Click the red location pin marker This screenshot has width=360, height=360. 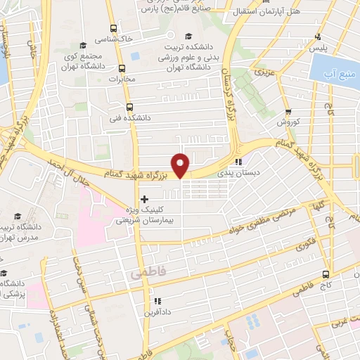pyautogui.click(x=181, y=165)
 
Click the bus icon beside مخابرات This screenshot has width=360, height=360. pyautogui.click(x=122, y=69)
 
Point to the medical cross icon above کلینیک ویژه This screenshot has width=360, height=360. pyautogui.click(x=144, y=199)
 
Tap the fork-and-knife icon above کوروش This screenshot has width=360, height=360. pyautogui.click(x=288, y=112)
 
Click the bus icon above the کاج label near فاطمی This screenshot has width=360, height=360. pyautogui.click(x=325, y=274)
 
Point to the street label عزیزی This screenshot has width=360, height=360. pyautogui.click(x=262, y=72)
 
